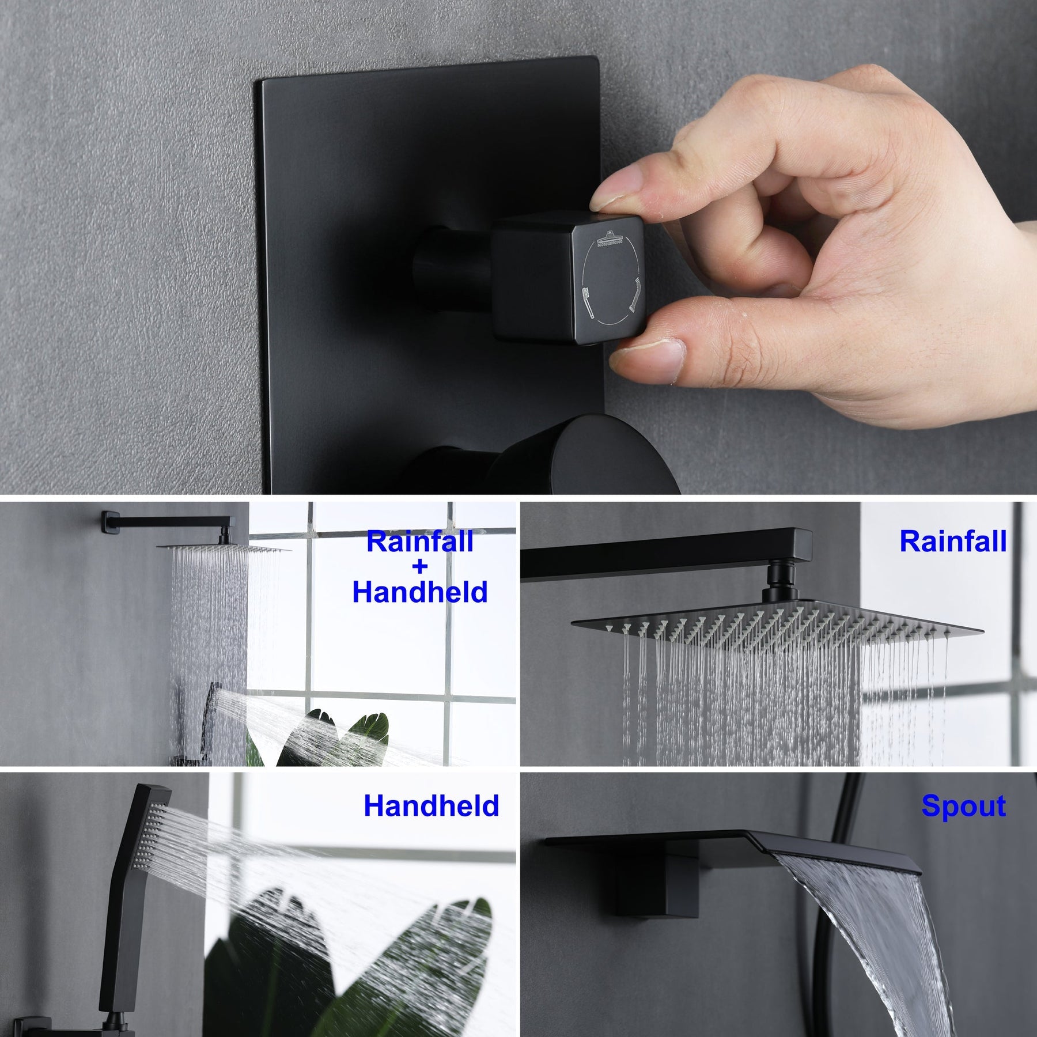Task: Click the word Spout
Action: [x=963, y=805]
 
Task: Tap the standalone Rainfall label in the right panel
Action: [x=953, y=542]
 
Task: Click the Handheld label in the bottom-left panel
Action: [x=431, y=805]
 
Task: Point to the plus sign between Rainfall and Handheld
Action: [x=420, y=567]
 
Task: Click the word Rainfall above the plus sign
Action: [x=420, y=542]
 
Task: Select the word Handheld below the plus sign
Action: [x=420, y=592]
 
